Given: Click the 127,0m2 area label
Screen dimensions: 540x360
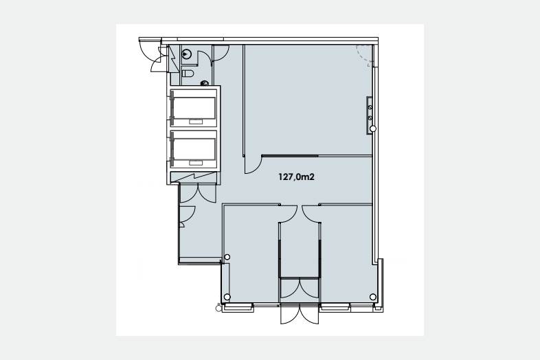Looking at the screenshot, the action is (x=296, y=177).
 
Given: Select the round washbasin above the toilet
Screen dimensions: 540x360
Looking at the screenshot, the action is (x=187, y=54).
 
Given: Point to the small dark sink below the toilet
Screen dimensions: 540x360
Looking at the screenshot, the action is (x=205, y=83).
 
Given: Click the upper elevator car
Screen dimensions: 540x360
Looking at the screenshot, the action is (x=194, y=108).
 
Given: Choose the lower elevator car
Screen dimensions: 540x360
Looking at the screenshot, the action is (x=194, y=150).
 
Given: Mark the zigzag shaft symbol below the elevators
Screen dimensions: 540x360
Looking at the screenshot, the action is (x=194, y=178).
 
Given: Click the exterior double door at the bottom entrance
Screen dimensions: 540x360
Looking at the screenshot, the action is (x=300, y=315).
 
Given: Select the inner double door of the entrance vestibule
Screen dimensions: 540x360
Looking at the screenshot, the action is (x=300, y=289).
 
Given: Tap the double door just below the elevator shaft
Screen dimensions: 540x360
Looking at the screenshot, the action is (x=198, y=194).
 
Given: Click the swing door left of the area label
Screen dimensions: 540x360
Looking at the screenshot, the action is (x=253, y=165).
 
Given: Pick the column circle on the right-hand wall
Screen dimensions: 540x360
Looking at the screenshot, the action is (x=373, y=129).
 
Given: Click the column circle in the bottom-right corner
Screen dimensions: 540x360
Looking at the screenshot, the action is (x=373, y=297).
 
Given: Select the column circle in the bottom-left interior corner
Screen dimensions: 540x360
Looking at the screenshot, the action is (x=227, y=297).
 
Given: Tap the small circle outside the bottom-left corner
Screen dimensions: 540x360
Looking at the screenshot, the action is (x=218, y=308).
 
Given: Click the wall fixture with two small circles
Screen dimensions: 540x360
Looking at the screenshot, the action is (x=370, y=112).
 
